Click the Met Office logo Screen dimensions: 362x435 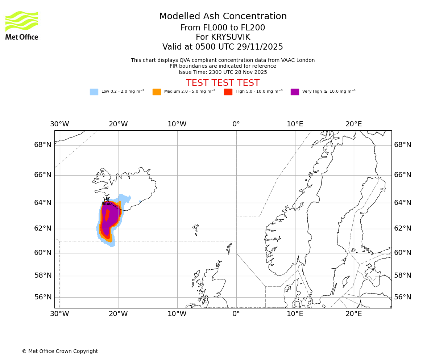(22, 25)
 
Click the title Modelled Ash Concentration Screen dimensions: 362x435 (223, 16)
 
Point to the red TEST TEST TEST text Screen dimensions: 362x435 (223, 83)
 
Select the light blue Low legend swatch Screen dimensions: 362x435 (94, 92)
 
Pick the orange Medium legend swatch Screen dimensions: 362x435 (157, 92)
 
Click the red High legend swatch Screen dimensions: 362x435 (228, 92)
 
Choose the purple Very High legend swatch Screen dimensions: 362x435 (295, 92)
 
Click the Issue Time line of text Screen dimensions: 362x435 (223, 72)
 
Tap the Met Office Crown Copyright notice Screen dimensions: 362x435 (60, 351)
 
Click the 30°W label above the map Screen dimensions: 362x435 (59, 124)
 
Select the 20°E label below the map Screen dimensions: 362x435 (353, 314)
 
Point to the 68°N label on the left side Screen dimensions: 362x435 (43, 145)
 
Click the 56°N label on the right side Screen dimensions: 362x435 (403, 297)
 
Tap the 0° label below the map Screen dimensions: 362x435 (236, 314)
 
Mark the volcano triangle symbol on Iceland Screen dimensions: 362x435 (106, 201)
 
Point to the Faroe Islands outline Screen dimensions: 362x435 (196, 229)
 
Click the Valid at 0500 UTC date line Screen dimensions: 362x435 (223, 47)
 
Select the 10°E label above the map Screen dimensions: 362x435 (295, 124)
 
